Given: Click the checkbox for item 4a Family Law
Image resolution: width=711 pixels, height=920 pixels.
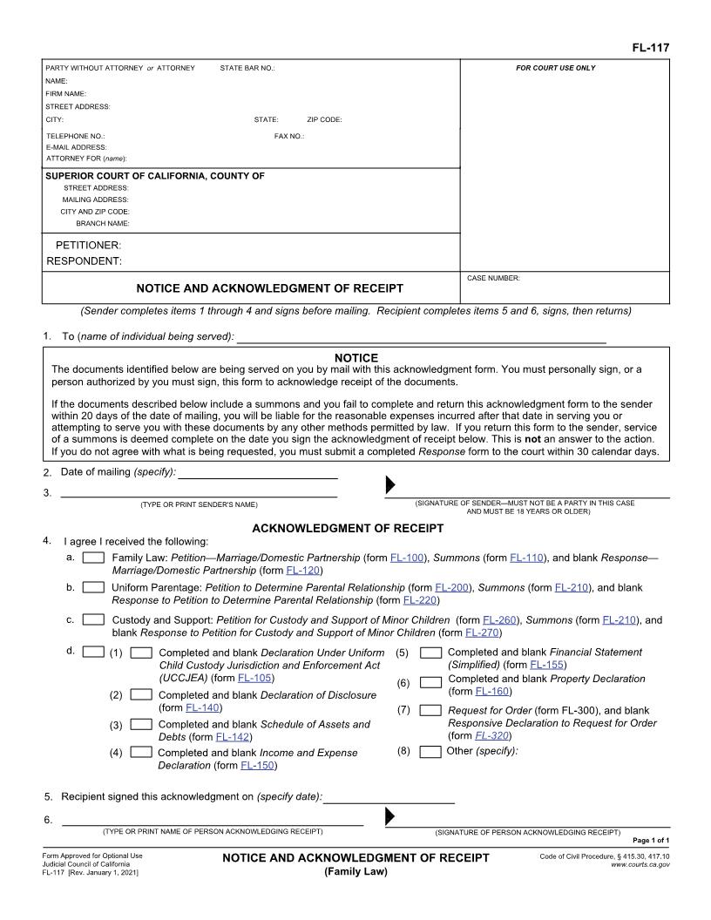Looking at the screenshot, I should [x=94, y=558].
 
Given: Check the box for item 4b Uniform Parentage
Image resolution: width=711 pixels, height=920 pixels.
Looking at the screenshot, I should [x=94, y=588].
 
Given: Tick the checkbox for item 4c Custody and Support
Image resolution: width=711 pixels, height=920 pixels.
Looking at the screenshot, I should [x=94, y=620].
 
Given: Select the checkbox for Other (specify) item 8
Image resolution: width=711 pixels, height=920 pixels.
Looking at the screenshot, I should [x=430, y=752].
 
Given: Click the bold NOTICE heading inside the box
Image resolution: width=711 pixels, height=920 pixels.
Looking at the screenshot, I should [x=356, y=358].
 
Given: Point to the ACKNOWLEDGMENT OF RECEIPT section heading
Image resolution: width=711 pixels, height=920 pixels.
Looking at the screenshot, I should [x=348, y=528].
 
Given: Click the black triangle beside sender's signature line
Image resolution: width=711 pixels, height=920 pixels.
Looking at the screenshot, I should [x=390, y=485].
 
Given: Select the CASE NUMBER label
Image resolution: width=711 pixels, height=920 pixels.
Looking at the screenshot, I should [x=493, y=278].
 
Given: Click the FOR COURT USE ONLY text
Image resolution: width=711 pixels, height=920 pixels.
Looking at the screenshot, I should [x=556, y=68].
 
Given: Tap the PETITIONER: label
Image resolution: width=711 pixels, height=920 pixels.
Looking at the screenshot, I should [x=88, y=246].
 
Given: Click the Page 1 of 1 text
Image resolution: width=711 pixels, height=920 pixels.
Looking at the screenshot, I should [x=650, y=840].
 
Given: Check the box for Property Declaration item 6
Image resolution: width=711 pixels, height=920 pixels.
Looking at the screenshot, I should [x=430, y=682].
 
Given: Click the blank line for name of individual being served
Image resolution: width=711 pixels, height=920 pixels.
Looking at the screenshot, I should [x=421, y=338].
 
